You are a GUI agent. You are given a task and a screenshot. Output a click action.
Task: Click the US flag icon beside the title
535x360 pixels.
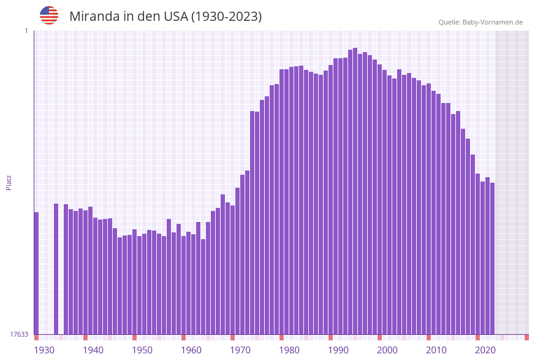[x=49, y=15]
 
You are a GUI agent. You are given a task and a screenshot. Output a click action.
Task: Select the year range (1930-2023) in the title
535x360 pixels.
[x=227, y=17]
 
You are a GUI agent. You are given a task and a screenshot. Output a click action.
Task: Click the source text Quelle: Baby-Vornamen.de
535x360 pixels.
[x=480, y=22]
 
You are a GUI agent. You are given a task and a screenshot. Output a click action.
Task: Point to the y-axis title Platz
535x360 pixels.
[x=9, y=182]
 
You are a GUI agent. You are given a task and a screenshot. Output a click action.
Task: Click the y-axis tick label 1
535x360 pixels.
[x=26, y=31]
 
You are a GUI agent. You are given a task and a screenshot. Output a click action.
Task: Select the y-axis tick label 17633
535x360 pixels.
[x=19, y=334]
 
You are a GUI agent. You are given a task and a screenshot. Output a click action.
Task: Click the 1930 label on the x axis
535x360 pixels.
[x=44, y=350]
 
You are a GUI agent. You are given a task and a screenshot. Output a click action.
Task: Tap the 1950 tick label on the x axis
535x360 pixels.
[x=142, y=350]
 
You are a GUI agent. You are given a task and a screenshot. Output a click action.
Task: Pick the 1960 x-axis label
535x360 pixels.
[x=191, y=350]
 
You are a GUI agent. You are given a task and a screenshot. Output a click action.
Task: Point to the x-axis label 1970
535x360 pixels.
[x=240, y=350]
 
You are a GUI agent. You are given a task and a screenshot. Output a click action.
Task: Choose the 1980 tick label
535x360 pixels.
[x=289, y=350]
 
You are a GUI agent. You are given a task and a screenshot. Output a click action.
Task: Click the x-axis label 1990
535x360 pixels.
[x=338, y=350]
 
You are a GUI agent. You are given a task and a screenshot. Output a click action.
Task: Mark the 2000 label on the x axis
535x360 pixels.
[x=387, y=350]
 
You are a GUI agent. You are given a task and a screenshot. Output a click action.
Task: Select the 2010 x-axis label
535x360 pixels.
[x=436, y=350]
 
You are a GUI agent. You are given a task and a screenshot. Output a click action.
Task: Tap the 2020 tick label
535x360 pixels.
[x=485, y=350]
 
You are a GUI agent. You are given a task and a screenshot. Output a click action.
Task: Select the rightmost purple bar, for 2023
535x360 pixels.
[x=492, y=258]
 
